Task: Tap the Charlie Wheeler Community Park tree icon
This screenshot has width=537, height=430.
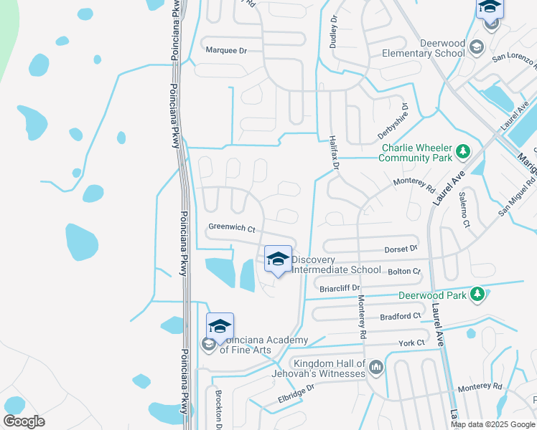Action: click(464, 152)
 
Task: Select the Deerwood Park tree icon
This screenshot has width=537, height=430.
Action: click(476, 294)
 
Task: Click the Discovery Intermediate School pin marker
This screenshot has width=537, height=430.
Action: click(278, 259)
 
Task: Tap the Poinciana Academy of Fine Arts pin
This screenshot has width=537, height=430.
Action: click(220, 327)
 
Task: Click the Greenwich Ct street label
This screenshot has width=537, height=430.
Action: click(232, 228)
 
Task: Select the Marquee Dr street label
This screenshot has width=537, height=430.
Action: click(225, 51)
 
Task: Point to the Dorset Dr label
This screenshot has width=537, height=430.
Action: click(402, 249)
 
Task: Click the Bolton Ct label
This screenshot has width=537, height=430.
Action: click(404, 272)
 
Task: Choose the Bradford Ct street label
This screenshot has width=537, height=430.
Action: click(402, 316)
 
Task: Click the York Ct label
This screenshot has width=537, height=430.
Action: click(411, 343)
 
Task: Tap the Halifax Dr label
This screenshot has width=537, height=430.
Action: click(333, 153)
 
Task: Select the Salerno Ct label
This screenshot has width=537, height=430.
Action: click(465, 209)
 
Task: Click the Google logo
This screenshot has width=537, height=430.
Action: click(24, 421)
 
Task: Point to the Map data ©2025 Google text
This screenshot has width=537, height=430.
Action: click(492, 424)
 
